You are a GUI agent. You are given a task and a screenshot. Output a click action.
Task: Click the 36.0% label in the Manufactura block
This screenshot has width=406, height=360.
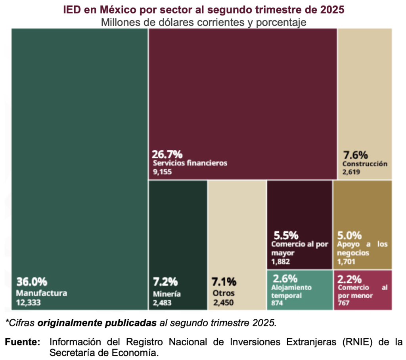(32, 282)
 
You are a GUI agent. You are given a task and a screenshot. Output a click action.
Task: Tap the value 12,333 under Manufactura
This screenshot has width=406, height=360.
(29, 303)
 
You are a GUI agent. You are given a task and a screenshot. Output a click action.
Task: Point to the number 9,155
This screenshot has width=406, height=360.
(162, 172)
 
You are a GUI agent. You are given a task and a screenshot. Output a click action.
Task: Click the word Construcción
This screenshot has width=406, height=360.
(365, 164)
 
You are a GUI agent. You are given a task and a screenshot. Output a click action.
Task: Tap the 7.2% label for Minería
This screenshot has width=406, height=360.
(165, 282)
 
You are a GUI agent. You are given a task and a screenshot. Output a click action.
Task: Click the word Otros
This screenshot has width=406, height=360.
(224, 293)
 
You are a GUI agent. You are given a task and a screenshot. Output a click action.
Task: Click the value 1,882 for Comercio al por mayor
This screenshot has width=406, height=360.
(281, 261)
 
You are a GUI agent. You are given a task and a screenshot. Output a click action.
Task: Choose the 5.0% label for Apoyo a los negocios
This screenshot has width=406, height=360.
(349, 235)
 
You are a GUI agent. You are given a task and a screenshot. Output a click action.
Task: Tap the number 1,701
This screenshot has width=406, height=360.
(346, 261)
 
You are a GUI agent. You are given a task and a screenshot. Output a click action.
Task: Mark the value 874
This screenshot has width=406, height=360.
(277, 303)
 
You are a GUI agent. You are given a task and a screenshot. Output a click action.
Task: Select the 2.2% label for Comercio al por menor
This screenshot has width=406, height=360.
(349, 278)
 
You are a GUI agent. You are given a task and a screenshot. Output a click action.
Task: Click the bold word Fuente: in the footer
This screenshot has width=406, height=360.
(23, 342)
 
